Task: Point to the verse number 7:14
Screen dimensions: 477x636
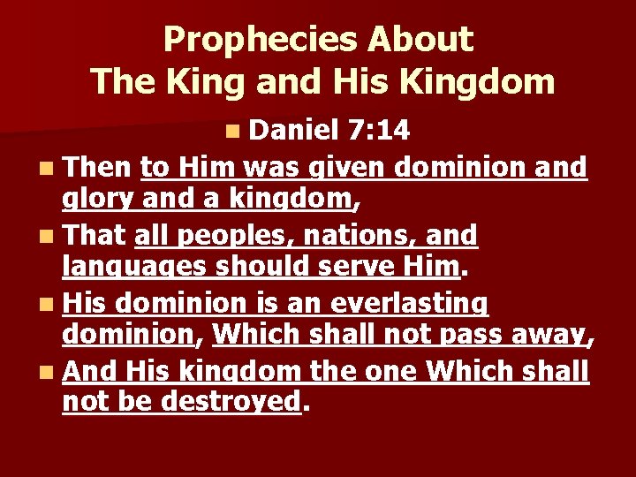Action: pos(378,132)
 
